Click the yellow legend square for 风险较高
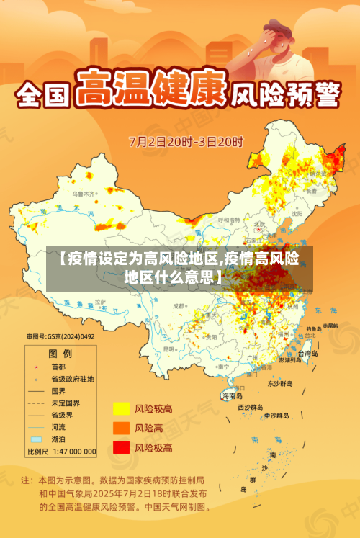[120, 409]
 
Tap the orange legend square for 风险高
[120, 429]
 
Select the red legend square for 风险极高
[120, 447]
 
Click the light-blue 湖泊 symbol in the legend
[35, 439]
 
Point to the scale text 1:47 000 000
[72, 452]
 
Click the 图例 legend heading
[60, 354]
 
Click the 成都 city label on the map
[179, 306]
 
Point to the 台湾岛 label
[307, 354]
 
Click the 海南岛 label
[232, 395]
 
